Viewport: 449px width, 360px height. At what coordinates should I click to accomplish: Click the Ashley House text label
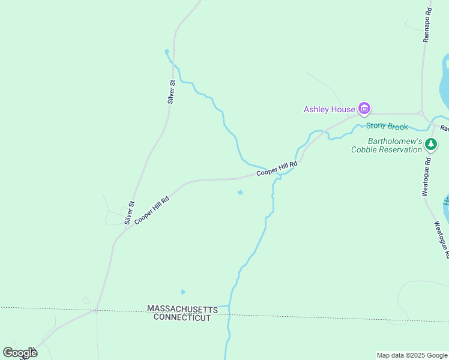pos(329,109)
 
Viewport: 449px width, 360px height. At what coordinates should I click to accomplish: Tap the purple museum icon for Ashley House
pos(364,109)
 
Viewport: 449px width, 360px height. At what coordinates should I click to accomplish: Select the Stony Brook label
pos(387,126)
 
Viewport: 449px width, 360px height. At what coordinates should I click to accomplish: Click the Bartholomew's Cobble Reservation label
pos(387,145)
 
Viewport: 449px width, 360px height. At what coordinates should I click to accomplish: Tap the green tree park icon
pos(431,144)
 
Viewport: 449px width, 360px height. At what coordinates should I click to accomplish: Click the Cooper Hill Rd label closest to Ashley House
pos(277,169)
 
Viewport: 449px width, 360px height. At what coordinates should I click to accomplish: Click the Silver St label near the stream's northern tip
pos(172,92)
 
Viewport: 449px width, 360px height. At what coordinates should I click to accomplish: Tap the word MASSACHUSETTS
pos(182,308)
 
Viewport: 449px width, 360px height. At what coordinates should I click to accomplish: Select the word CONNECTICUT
pos(182,317)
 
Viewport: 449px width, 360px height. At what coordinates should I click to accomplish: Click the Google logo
pos(20,353)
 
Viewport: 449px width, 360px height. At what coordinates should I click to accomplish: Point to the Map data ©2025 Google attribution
pos(412,355)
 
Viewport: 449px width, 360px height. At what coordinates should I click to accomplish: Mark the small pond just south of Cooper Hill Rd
pos(240,193)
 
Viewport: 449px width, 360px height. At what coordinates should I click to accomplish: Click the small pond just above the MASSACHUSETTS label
pos(183,292)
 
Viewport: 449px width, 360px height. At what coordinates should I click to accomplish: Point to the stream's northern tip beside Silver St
pos(167,52)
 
